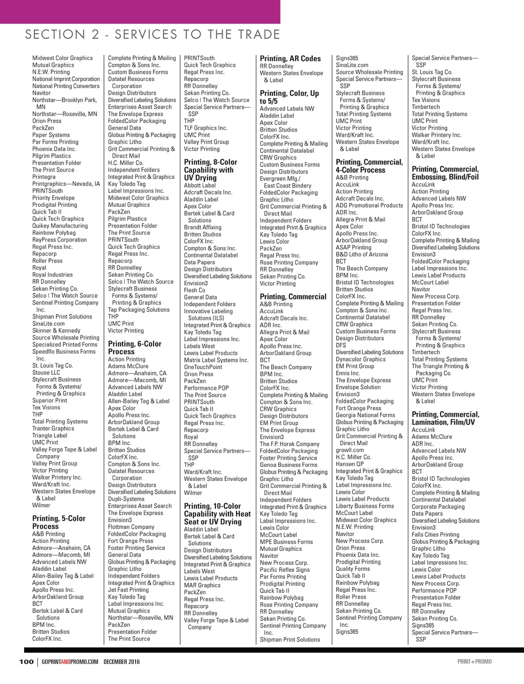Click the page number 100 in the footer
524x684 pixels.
point(26,661)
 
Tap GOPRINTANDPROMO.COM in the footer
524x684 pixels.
point(70,661)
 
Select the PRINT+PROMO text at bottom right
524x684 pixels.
point(474,661)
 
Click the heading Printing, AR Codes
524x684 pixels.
point(290,58)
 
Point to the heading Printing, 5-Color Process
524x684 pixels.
point(59,522)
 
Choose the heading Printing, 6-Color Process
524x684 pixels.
point(135,348)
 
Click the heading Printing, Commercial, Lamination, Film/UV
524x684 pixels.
point(445,418)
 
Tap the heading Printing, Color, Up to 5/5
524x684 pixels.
point(289,97)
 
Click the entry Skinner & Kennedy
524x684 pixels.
point(56,331)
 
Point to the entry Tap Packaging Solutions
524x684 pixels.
point(139,310)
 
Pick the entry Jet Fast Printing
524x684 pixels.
point(128,590)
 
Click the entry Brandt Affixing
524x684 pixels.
point(203,227)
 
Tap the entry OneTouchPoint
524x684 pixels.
point(203,367)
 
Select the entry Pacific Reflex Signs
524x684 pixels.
point(285,570)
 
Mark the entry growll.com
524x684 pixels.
point(350,450)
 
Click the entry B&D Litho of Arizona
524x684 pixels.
point(362,254)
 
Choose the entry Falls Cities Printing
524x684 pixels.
point(435,535)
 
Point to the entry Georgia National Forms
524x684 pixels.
point(365,415)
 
